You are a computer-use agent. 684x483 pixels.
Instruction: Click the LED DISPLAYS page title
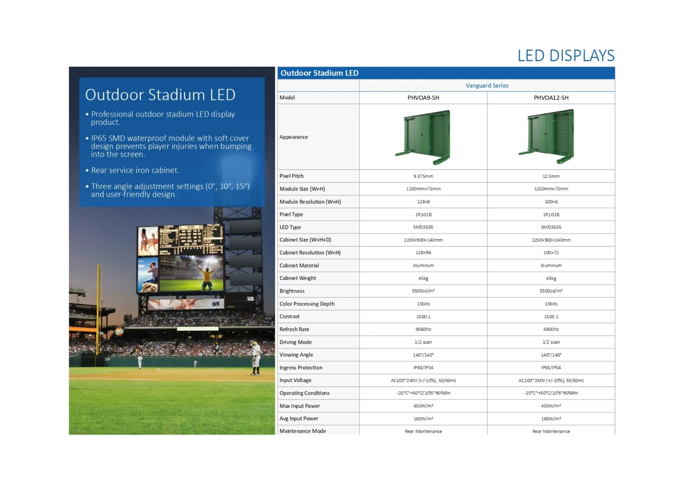pos(566,55)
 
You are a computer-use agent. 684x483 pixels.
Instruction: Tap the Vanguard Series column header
pos(487,85)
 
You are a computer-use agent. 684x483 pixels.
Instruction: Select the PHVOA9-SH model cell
pos(423,98)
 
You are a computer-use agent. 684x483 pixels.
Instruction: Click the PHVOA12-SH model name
pos(551,98)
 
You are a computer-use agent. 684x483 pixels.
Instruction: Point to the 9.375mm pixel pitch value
pos(423,176)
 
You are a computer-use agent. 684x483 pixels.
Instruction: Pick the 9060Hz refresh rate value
pos(423,329)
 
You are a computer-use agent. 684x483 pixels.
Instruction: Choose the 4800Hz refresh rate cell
pos(551,329)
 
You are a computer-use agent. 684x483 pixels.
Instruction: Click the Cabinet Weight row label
pos(298,278)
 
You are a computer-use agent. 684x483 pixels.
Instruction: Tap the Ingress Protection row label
pos(301,368)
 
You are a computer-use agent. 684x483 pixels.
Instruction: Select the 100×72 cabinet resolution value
pos(551,253)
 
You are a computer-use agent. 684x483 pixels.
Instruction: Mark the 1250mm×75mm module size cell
pos(551,189)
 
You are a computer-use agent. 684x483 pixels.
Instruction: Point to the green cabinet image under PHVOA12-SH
pos(547,137)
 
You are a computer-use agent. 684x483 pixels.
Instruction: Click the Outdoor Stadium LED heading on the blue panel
pos(160,95)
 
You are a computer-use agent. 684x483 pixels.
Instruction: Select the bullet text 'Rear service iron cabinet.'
pos(135,170)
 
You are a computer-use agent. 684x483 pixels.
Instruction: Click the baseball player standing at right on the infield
pos(255,357)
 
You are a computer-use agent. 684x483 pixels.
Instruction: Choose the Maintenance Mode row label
pos(303,431)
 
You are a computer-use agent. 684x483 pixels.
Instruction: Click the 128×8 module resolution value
pos(423,202)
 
